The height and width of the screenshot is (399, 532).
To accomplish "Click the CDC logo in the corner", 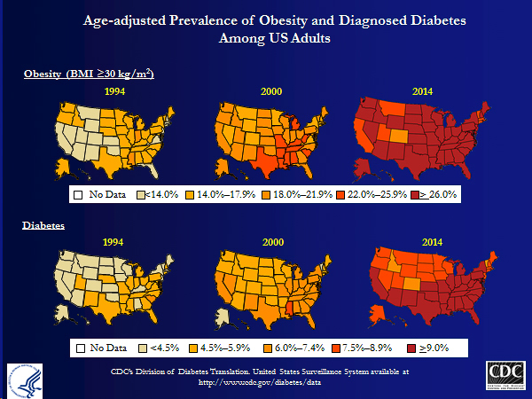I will coord(504,374).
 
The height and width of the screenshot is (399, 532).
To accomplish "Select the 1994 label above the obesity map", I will coord(113,91).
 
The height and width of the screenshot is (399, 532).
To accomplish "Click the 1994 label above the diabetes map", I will coord(113,241).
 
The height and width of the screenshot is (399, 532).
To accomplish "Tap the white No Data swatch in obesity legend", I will coord(77,193).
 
